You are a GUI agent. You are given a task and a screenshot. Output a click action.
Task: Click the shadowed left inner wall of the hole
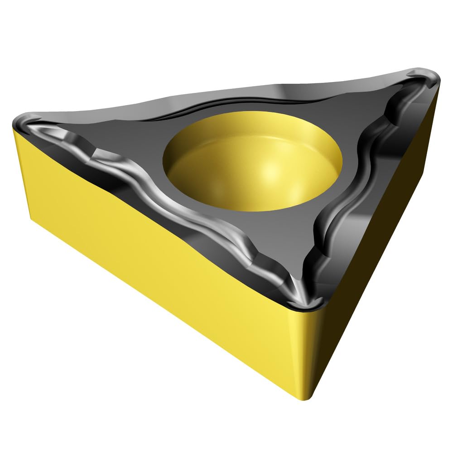[x=181, y=154]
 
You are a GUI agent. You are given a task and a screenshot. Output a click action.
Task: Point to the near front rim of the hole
[x=254, y=209]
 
